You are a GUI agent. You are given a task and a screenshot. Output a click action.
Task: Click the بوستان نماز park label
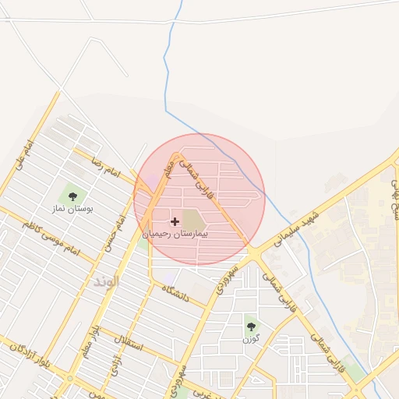tap(74, 210)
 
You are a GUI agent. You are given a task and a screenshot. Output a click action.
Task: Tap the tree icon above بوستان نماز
tap(73, 196)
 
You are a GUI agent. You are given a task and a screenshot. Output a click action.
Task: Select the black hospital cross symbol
tap(175, 222)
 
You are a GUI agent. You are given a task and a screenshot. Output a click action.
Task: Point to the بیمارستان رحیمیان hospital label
tap(182, 233)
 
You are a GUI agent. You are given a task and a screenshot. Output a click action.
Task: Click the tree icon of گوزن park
tap(250, 327)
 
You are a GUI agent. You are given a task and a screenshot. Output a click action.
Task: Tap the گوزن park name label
tap(250, 339)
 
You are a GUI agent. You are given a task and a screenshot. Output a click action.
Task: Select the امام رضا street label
tap(106, 169)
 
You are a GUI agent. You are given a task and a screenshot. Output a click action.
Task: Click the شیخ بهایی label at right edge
tap(394, 198)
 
